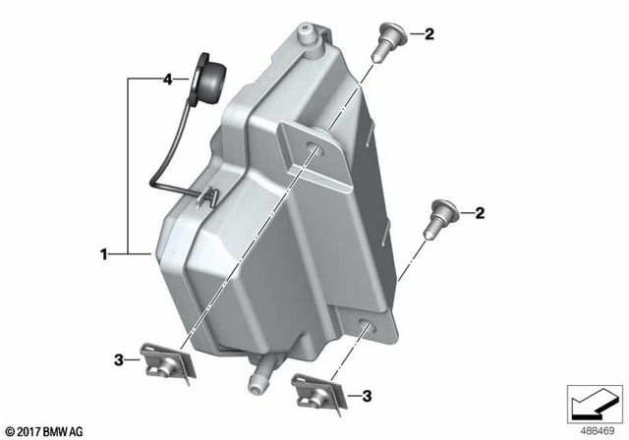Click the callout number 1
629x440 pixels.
(102, 254)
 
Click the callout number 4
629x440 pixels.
(167, 78)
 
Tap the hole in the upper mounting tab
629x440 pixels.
(313, 148)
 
